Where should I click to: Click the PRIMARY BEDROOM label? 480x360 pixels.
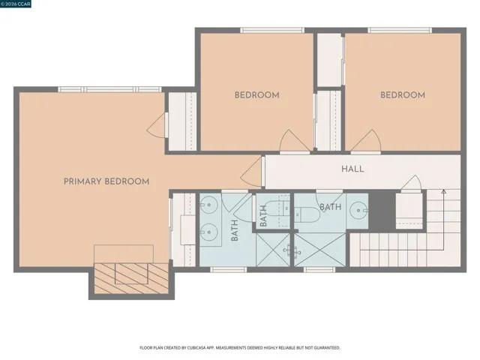[106, 181]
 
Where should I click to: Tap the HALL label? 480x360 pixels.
[352, 169]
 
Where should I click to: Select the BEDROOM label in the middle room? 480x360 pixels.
[256, 95]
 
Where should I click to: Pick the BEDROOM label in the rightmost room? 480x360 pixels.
[402, 95]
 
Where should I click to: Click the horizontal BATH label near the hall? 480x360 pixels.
[331, 206]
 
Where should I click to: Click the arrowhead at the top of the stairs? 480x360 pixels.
[443, 194]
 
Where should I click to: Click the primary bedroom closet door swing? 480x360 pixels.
[157, 125]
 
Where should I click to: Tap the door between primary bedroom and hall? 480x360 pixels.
[252, 172]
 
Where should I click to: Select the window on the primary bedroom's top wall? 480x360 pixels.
[110, 89]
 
